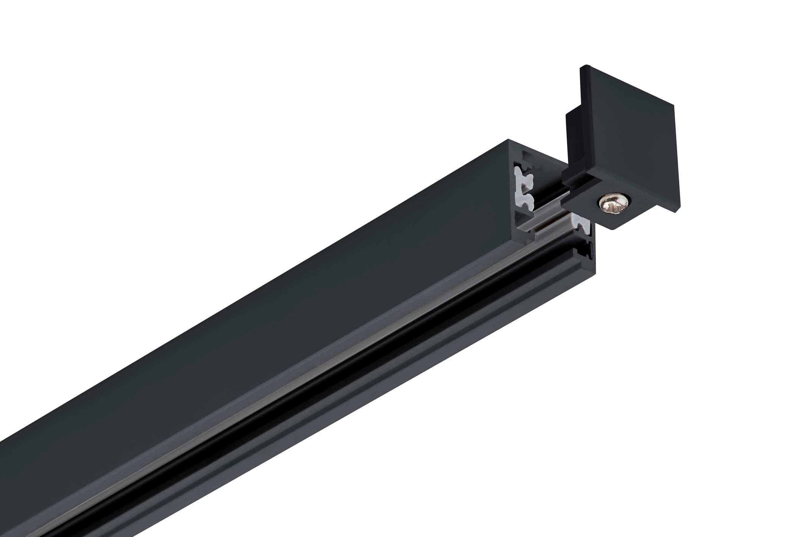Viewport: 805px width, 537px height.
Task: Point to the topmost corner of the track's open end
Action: (508, 139)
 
